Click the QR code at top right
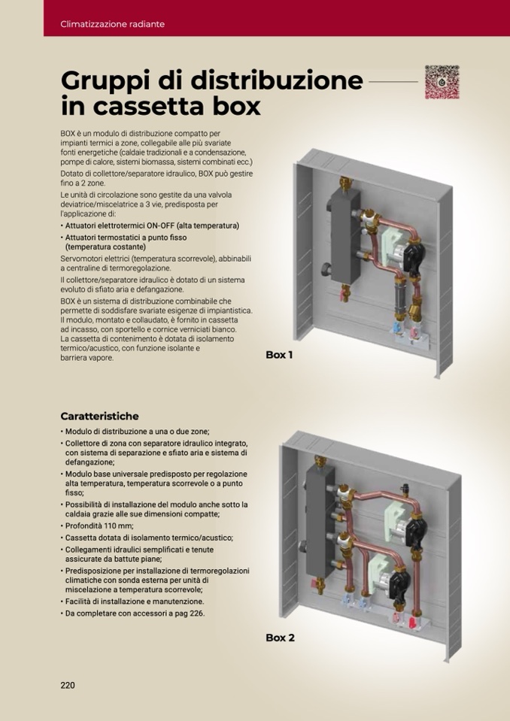tap(442, 82)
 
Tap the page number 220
tap(68, 685)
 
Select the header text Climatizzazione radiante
tap(112, 24)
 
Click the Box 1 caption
tap(279, 355)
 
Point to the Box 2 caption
tap(280, 638)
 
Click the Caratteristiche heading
tap(99, 417)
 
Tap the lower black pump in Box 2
tap(399, 584)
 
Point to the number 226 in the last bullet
tap(197, 613)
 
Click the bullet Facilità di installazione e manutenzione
tap(132, 601)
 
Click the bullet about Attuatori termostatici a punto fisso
tap(123, 242)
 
